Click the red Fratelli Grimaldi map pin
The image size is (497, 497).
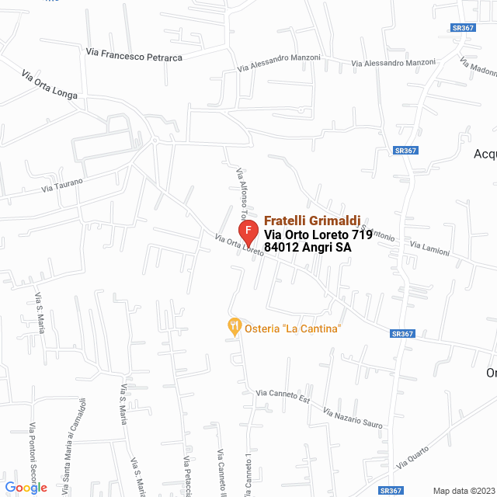[248, 232]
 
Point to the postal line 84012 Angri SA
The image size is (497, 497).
[308, 248]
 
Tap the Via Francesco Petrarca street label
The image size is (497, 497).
[134, 55]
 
